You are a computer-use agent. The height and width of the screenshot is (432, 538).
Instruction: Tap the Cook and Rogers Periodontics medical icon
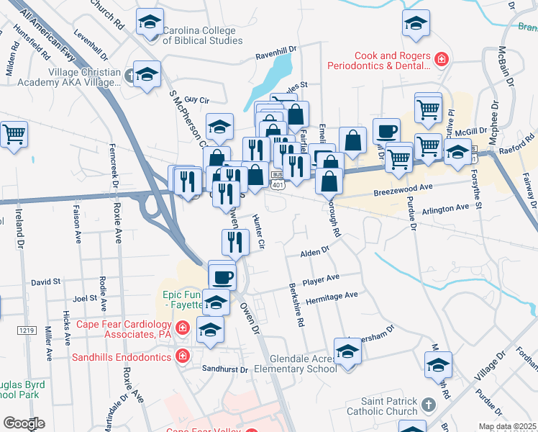point(442,58)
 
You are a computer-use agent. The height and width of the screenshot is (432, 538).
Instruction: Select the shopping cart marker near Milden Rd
point(14,134)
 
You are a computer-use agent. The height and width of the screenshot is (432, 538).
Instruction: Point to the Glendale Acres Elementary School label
point(303,364)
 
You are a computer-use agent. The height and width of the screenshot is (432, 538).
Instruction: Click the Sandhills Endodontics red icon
point(182,356)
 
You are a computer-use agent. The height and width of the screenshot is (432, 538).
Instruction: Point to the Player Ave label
point(322,278)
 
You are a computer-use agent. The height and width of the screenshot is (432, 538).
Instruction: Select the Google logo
point(24,423)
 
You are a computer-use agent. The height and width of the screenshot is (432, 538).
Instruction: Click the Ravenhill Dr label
point(276,55)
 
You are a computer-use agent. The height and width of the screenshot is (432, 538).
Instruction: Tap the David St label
point(46,283)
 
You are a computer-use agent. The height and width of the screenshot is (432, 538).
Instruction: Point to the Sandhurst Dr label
point(225,370)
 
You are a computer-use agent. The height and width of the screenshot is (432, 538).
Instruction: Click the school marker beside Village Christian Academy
point(147,75)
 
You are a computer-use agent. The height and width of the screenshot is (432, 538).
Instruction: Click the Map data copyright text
point(507,426)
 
